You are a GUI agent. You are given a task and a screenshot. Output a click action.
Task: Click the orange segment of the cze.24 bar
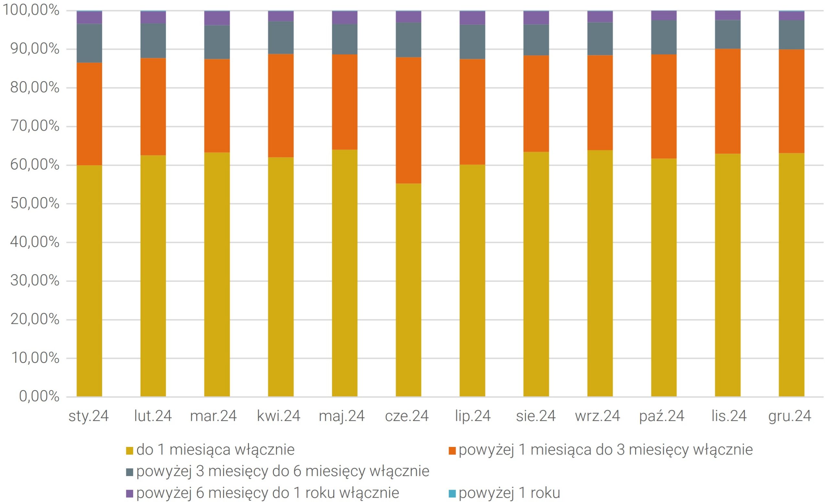click(x=408, y=120)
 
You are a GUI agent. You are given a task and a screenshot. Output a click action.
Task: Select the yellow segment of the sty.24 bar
click(x=89, y=280)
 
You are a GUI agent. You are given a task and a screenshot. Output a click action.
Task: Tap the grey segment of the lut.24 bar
click(x=153, y=41)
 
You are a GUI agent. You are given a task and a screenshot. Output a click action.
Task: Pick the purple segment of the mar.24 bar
click(x=217, y=18)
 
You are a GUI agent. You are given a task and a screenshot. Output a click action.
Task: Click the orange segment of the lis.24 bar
click(x=727, y=101)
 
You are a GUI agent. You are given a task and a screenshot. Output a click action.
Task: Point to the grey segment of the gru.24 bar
click(x=791, y=35)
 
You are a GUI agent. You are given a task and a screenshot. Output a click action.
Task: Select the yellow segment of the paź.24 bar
click(x=664, y=277)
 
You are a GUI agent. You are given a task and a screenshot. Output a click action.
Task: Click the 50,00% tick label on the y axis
click(x=35, y=204)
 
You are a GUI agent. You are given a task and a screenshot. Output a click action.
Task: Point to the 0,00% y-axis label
click(x=39, y=396)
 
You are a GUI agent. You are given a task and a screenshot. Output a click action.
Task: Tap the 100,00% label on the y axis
click(x=31, y=10)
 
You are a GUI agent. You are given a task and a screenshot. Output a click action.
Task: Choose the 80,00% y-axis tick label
click(x=35, y=88)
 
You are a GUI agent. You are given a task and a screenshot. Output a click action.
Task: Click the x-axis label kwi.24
click(x=278, y=416)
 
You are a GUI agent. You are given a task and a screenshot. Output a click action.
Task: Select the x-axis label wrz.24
click(x=597, y=416)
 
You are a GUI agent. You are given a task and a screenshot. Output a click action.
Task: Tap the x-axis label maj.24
click(x=342, y=416)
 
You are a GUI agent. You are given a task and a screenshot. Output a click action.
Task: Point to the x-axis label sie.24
click(x=536, y=416)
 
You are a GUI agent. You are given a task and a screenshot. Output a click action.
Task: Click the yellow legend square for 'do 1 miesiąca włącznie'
click(x=130, y=451)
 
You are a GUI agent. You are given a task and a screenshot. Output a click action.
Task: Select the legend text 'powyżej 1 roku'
click(x=509, y=493)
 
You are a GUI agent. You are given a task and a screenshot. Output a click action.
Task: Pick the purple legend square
click(x=130, y=494)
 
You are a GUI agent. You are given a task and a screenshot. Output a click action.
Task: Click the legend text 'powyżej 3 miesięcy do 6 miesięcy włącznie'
click(x=283, y=471)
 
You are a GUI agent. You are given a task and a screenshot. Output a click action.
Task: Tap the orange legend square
click(x=452, y=451)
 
